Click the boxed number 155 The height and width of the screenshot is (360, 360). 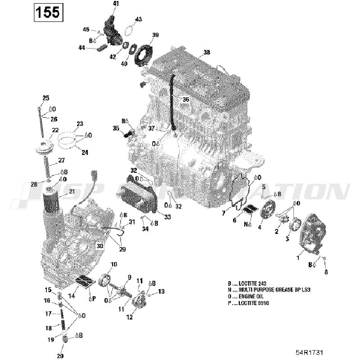coord(48,12)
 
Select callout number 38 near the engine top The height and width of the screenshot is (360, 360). coord(207,52)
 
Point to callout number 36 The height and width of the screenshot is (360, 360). coord(186,99)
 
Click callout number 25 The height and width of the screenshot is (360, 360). coord(45,98)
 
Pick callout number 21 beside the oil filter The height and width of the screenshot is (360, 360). coord(72,192)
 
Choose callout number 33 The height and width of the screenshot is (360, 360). coord(167,217)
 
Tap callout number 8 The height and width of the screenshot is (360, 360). coord(326,272)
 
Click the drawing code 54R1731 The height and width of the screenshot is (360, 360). coord(309,351)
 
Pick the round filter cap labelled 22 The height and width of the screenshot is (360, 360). coord(43,148)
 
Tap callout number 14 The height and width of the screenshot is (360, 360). coord(72,296)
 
